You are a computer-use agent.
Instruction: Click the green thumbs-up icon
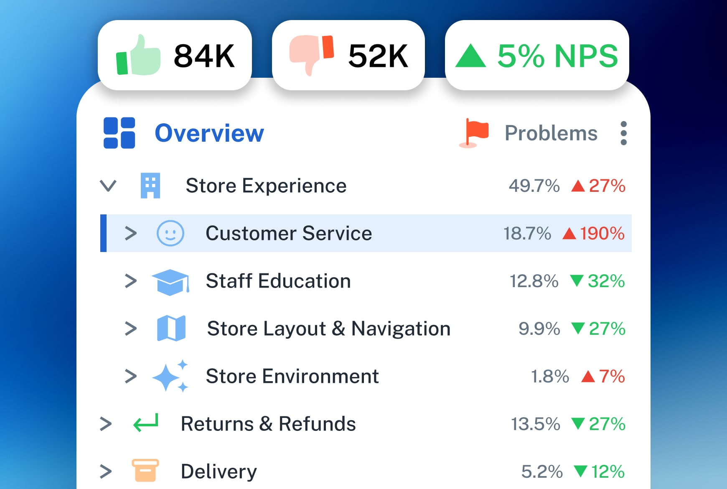point(138,56)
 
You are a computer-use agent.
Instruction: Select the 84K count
point(204,56)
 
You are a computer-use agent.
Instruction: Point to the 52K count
point(378,56)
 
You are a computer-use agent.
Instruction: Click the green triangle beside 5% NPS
point(470,56)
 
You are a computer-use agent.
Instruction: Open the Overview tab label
point(209,133)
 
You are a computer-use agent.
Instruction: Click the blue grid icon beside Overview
point(119,133)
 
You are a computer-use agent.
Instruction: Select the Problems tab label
point(551,133)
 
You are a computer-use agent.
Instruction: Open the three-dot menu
point(623,133)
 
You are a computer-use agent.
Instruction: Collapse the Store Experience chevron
point(108,186)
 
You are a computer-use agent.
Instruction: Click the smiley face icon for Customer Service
point(170,233)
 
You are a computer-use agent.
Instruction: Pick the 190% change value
point(602,233)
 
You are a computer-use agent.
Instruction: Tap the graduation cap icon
point(170,282)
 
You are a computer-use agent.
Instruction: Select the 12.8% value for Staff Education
point(534,281)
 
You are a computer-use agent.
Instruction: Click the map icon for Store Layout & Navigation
point(171,329)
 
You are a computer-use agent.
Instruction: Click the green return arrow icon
point(146,423)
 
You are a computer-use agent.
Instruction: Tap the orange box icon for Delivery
point(145,471)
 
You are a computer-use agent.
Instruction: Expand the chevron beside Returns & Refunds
point(106,424)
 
